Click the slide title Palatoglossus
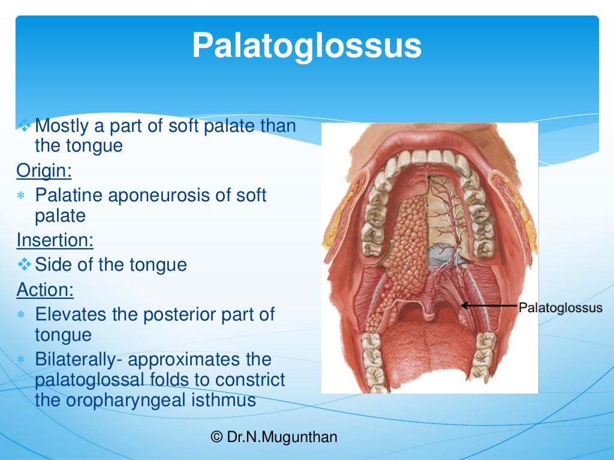(306, 46)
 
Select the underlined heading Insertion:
(55, 240)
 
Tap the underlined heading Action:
(45, 290)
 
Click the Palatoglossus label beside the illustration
(560, 308)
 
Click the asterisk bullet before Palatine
(22, 196)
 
